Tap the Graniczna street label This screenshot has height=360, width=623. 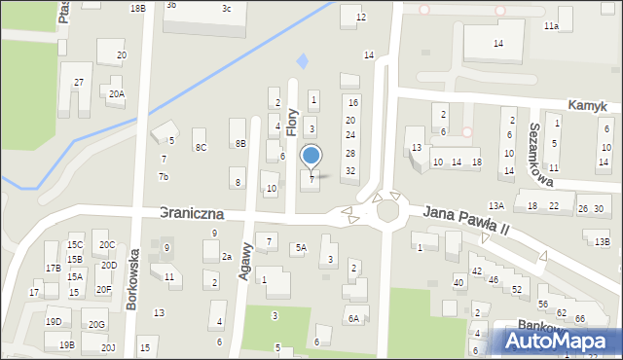point(191,212)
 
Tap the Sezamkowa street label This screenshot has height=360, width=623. point(541,155)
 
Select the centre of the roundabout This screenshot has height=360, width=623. point(387,210)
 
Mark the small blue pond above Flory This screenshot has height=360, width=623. point(302,61)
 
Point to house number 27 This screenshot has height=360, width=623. point(79,82)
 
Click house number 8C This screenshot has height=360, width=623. point(201,147)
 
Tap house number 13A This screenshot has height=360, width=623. point(496,205)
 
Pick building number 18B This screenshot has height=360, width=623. point(137,8)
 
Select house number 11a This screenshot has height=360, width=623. point(551,26)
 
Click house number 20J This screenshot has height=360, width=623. point(108,347)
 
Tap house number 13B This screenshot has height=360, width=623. point(602,241)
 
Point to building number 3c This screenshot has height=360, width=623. point(226,9)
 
